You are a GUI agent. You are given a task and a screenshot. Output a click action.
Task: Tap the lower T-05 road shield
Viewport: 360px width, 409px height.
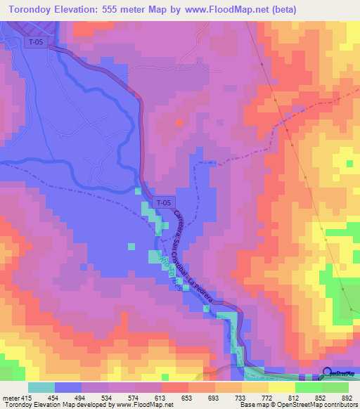[163, 202]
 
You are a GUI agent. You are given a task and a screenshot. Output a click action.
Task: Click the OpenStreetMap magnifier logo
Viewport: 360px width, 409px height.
[328, 374]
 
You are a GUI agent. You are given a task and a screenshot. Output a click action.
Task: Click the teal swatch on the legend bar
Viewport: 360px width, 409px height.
[41, 388]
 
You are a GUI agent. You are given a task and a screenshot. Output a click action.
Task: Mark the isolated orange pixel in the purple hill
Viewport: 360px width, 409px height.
[179, 122]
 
